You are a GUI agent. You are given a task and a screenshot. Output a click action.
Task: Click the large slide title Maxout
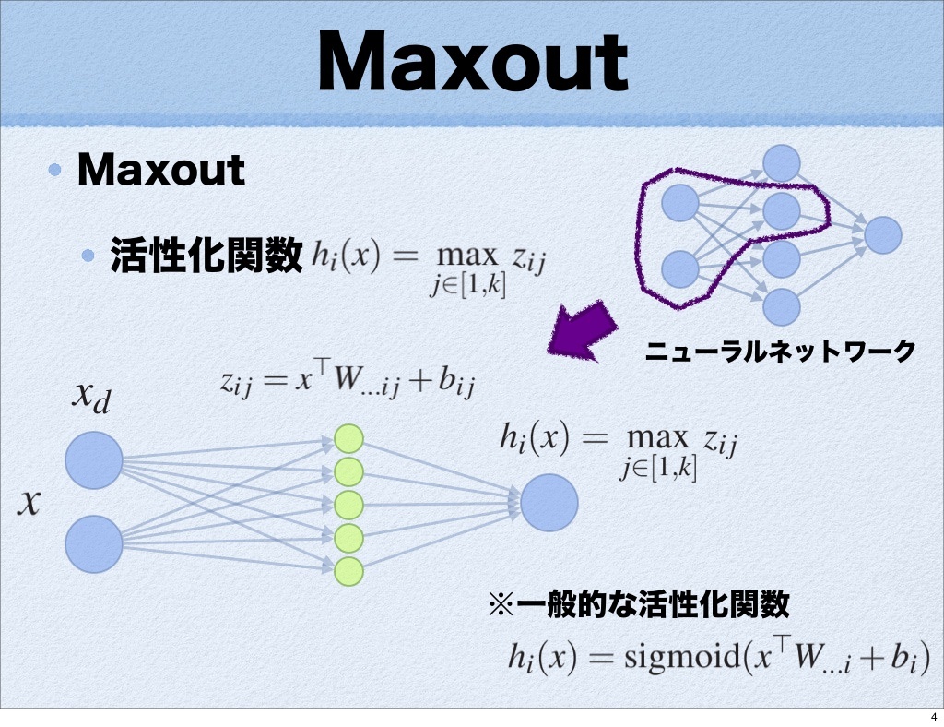point(472,62)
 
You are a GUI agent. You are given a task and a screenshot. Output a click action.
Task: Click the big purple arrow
point(582,332)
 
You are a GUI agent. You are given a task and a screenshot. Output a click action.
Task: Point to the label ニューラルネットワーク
point(780,351)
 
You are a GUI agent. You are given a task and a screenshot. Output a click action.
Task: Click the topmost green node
point(348,438)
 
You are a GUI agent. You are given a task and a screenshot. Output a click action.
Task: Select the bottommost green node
point(348,571)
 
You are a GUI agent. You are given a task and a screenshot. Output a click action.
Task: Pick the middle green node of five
point(348,505)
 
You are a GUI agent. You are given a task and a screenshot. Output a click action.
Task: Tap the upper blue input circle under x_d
point(94,459)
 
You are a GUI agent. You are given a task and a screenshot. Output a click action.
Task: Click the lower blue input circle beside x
point(94,544)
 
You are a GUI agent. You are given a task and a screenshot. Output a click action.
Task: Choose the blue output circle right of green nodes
point(549,504)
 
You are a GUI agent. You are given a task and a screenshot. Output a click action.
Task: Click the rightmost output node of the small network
point(882,234)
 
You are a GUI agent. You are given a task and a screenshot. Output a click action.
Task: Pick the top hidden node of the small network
point(781,163)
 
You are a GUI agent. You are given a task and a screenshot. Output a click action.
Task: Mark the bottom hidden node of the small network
point(781,304)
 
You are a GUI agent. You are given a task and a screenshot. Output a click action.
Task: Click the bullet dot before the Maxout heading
point(57,170)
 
